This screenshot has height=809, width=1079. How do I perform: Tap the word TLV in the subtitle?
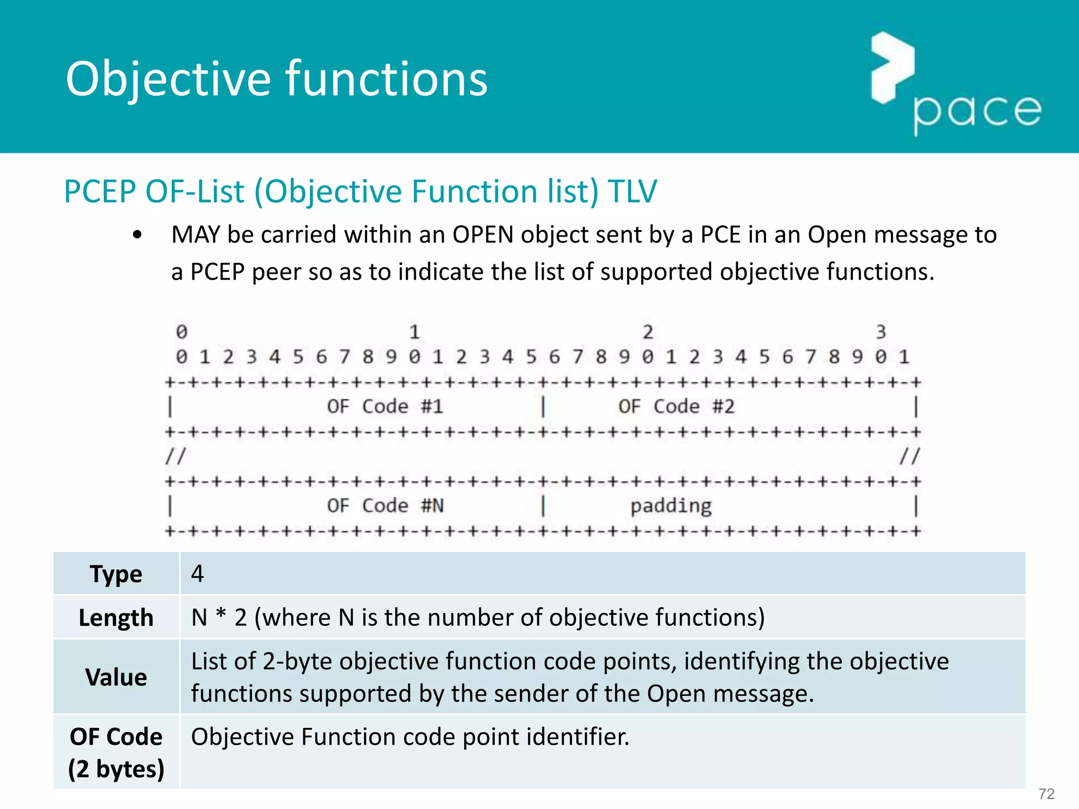632,191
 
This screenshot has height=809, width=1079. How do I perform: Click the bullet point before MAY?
138,235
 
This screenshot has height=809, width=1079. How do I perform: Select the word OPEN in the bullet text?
483,235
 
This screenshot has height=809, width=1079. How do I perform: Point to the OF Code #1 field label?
385,407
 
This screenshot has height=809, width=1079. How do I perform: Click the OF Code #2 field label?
676,407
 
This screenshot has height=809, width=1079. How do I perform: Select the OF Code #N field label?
385,506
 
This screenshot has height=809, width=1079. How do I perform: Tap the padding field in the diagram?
671,506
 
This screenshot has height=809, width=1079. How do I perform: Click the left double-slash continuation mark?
175,456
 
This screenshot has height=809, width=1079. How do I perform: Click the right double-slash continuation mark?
910,456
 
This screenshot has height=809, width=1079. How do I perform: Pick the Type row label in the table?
116,574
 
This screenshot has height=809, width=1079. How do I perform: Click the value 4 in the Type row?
198,574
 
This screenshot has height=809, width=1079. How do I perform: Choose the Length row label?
116,618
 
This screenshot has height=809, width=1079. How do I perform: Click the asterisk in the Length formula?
221,614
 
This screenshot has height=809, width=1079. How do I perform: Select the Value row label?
116,677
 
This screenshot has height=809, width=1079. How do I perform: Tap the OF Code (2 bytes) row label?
116,753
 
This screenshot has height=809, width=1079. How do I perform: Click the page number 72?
1046,794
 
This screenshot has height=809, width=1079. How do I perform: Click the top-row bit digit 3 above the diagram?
881,332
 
